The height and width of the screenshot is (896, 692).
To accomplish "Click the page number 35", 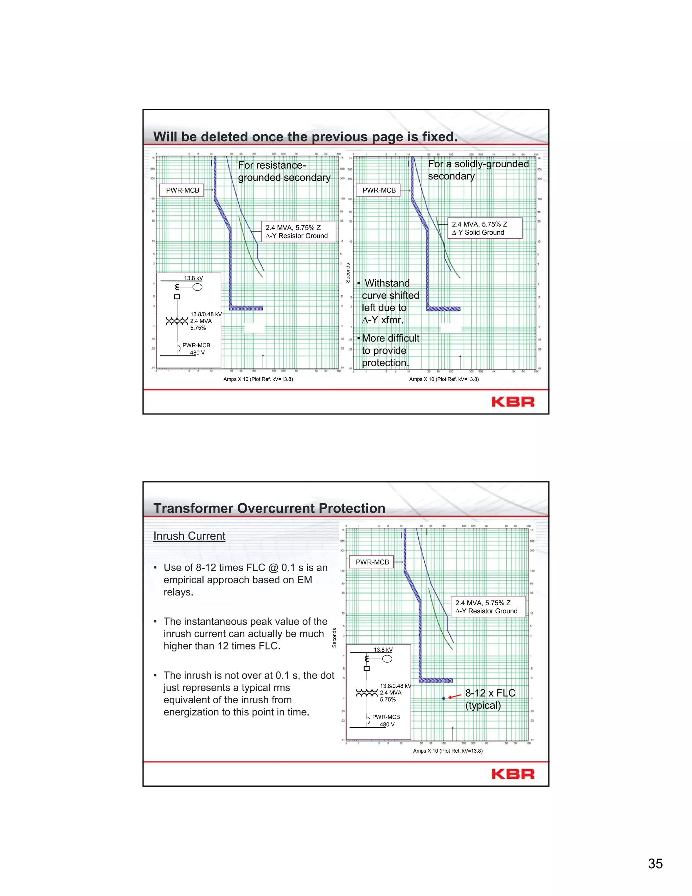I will [655, 863].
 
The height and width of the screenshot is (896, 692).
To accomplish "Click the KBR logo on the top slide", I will [513, 402].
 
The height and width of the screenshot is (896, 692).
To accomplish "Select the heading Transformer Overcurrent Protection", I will [269, 508].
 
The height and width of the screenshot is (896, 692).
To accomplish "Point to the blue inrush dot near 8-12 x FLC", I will [444, 698].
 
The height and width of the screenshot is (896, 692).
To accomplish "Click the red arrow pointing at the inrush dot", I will [455, 696].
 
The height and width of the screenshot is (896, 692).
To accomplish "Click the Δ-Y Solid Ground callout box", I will [485, 228].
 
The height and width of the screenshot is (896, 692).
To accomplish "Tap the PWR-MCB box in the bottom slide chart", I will [372, 562].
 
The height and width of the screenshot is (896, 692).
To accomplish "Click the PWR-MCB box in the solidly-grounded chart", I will [379, 190].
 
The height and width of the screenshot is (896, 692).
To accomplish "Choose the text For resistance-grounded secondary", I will [284, 171].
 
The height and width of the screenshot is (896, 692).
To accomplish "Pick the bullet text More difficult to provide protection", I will [390, 350].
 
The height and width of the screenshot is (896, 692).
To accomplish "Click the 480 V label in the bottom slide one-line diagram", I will [387, 725].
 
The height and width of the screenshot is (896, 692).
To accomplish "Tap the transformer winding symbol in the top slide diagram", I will [177, 321].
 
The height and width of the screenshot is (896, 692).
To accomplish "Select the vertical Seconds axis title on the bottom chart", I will [334, 638].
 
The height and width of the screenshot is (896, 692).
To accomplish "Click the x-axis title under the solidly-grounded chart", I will [444, 379].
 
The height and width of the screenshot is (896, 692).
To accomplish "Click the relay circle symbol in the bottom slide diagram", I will [387, 659].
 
